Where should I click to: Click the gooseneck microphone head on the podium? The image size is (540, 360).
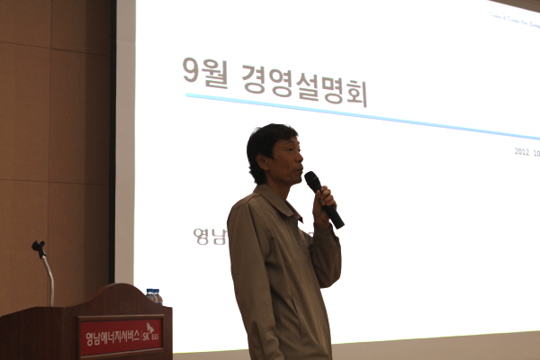click(38, 247)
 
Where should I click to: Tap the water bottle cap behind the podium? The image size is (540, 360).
click(152, 292)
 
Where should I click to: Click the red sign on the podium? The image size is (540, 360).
click(121, 337)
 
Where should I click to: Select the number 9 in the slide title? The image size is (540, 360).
click(190, 69)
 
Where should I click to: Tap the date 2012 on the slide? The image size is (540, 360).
click(521, 151)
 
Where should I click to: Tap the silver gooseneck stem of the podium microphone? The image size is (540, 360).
click(48, 274)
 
